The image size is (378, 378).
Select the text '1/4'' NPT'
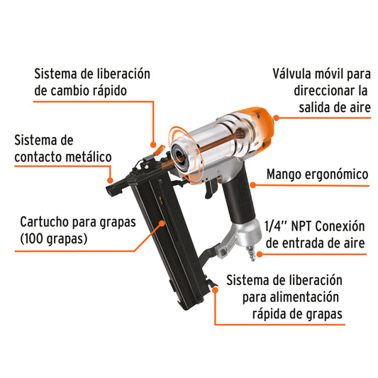point(287,227)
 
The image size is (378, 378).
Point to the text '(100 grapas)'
point(54,239)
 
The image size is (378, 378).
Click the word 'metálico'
point(86,157)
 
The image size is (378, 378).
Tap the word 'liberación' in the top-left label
point(120,73)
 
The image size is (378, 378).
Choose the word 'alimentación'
point(306,296)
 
